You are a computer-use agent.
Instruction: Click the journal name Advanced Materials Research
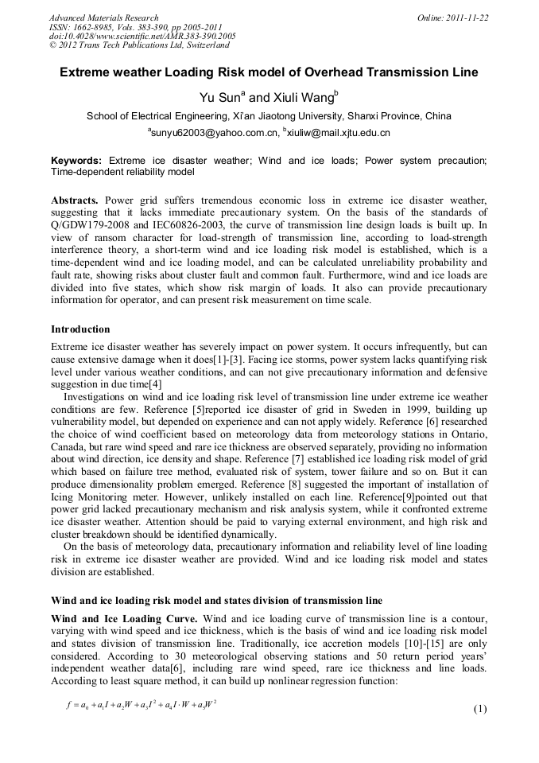coord(103,18)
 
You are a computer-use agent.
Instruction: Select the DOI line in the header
coord(142,36)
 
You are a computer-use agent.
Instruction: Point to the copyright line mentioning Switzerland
coord(139,45)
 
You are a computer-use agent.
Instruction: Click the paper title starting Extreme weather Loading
coord(269,72)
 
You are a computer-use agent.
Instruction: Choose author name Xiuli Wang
coord(307,98)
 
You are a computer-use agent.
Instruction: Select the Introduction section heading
coord(81,329)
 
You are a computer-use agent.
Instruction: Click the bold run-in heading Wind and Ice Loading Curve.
coord(124,618)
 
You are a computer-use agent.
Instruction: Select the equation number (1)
coord(479,709)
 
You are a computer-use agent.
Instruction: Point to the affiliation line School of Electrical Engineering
coord(269,115)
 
